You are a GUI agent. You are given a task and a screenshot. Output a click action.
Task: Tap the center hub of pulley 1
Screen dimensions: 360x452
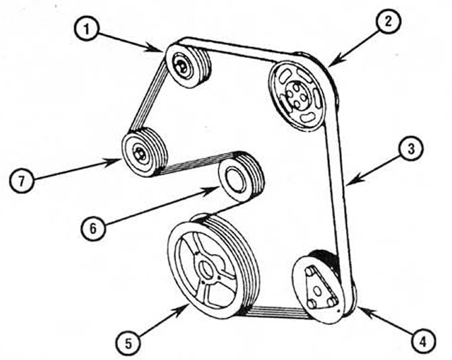tap(181, 66)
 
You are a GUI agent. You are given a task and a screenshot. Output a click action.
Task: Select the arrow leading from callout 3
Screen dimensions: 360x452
tap(374, 165)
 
